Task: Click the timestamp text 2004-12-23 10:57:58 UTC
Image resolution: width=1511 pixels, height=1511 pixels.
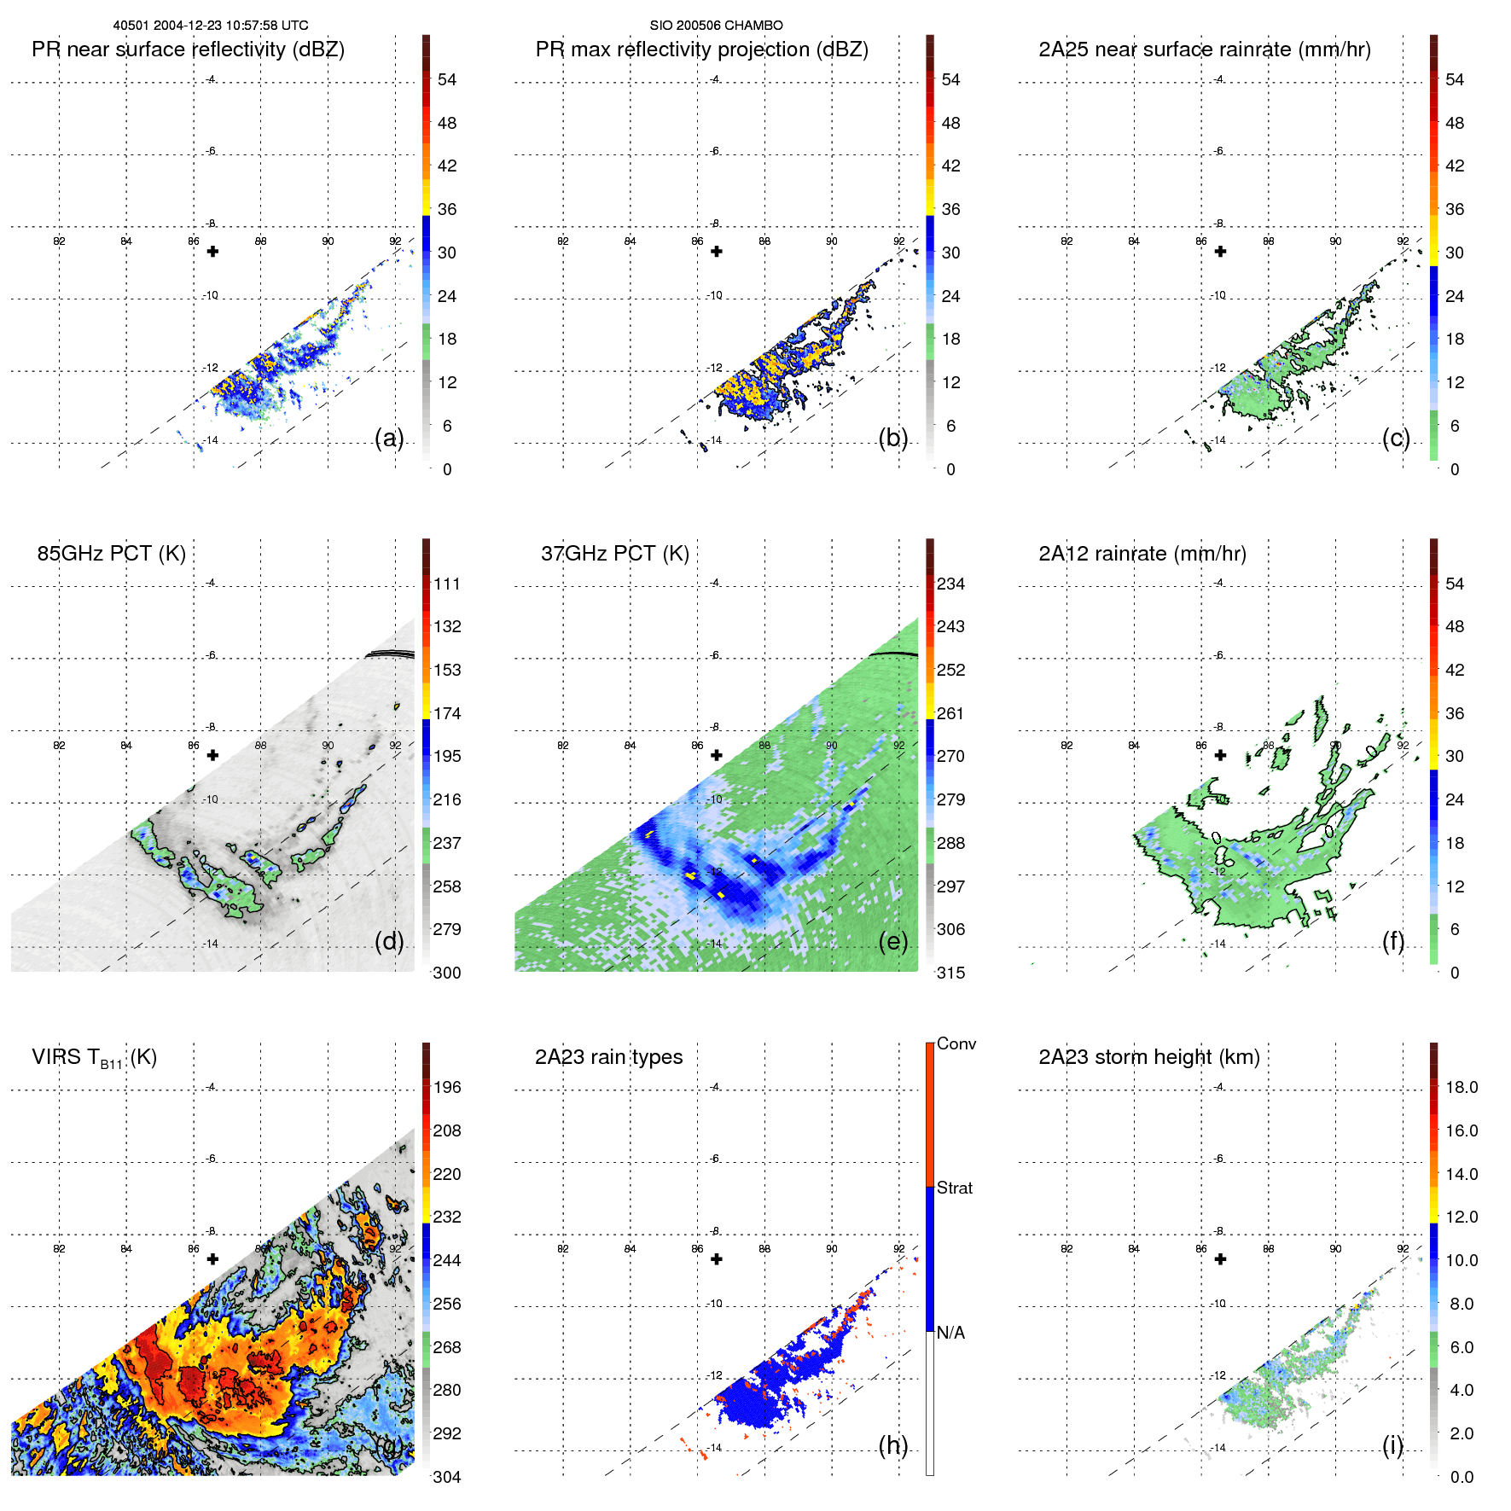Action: tap(230, 26)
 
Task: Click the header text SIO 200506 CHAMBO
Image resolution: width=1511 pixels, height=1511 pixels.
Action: tap(716, 26)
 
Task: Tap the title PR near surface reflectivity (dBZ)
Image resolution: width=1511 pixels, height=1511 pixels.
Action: tap(188, 49)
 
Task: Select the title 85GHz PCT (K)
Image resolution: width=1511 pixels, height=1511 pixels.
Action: tap(111, 554)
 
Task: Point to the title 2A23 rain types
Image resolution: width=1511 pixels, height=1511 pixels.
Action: tap(608, 1057)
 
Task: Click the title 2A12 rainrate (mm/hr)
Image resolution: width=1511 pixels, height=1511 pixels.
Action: tap(1142, 554)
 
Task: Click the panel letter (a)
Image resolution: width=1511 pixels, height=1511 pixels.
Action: tap(389, 439)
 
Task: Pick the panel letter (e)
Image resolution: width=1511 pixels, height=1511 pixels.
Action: tap(892, 942)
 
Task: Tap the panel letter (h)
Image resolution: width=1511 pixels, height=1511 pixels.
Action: tap(892, 1445)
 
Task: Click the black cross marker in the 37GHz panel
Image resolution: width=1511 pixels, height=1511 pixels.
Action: tap(717, 755)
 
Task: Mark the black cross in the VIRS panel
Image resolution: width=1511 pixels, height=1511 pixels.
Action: tap(212, 1258)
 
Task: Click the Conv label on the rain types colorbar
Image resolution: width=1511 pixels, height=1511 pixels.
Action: tap(956, 1043)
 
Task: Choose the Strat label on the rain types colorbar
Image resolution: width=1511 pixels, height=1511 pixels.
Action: tap(954, 1188)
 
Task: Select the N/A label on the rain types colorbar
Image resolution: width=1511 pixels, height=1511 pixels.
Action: tap(950, 1333)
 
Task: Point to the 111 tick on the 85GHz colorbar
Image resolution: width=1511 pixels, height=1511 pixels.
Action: tap(447, 584)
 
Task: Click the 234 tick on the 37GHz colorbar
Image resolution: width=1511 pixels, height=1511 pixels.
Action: tap(950, 584)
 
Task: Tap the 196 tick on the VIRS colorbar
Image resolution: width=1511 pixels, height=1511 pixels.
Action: tap(447, 1087)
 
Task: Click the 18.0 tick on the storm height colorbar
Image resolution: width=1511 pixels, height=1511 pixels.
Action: tap(1461, 1087)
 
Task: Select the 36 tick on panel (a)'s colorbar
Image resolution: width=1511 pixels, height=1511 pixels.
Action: tap(447, 209)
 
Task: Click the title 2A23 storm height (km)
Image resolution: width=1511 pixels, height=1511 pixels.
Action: tap(1148, 1057)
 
